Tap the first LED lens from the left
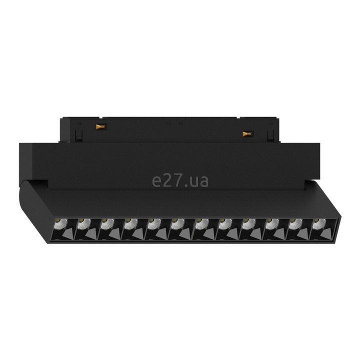(x=60, y=223)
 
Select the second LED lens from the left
(x=84, y=223)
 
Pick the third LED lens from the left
(x=107, y=223)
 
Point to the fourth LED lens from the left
(x=131, y=223)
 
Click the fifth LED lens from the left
(x=154, y=223)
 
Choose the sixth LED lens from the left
(x=178, y=223)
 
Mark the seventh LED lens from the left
(x=202, y=223)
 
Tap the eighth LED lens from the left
(x=225, y=223)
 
